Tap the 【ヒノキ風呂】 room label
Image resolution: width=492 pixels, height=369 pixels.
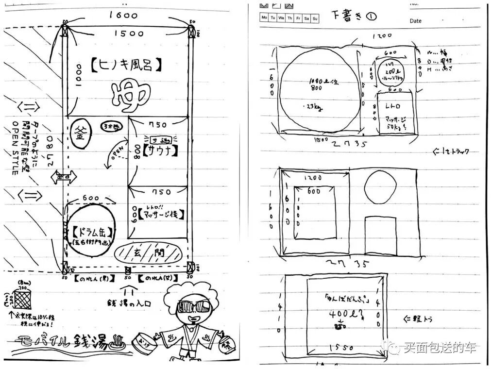(x=126, y=65)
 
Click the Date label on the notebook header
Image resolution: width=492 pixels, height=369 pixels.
(x=415, y=21)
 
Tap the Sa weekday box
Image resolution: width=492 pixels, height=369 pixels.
(x=306, y=18)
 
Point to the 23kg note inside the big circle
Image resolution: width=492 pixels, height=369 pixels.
(x=311, y=106)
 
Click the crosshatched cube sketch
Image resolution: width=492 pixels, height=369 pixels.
(x=22, y=300)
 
